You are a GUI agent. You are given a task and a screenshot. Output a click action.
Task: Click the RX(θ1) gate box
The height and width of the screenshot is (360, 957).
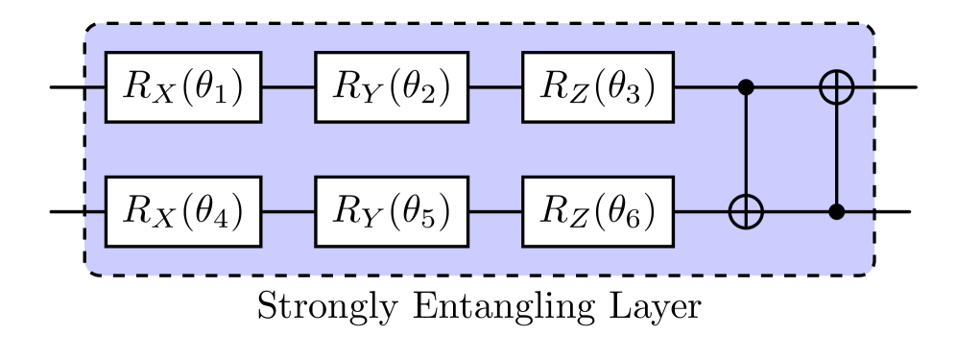coord(183,87)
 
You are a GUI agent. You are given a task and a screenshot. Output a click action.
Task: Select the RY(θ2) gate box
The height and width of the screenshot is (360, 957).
coord(392,87)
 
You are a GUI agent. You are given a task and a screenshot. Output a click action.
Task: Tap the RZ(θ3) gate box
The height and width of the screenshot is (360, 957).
coord(598,87)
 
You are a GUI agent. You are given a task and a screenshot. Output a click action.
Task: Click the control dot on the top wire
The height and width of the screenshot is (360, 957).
coord(746,87)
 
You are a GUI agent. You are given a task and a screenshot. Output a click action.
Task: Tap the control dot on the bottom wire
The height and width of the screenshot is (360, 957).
coord(836,211)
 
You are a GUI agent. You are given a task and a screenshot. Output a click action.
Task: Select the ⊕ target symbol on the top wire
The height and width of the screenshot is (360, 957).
coord(836,87)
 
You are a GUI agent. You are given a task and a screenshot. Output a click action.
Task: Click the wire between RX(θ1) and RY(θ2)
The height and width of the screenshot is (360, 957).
coord(288,87)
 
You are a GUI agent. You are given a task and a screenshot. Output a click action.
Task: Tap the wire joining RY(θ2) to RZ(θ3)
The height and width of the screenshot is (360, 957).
coord(495,87)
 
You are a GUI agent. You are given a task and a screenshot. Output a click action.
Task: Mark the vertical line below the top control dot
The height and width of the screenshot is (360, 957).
coord(746,144)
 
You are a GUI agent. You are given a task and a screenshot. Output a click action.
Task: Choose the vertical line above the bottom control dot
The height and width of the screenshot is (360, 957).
coord(836,154)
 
